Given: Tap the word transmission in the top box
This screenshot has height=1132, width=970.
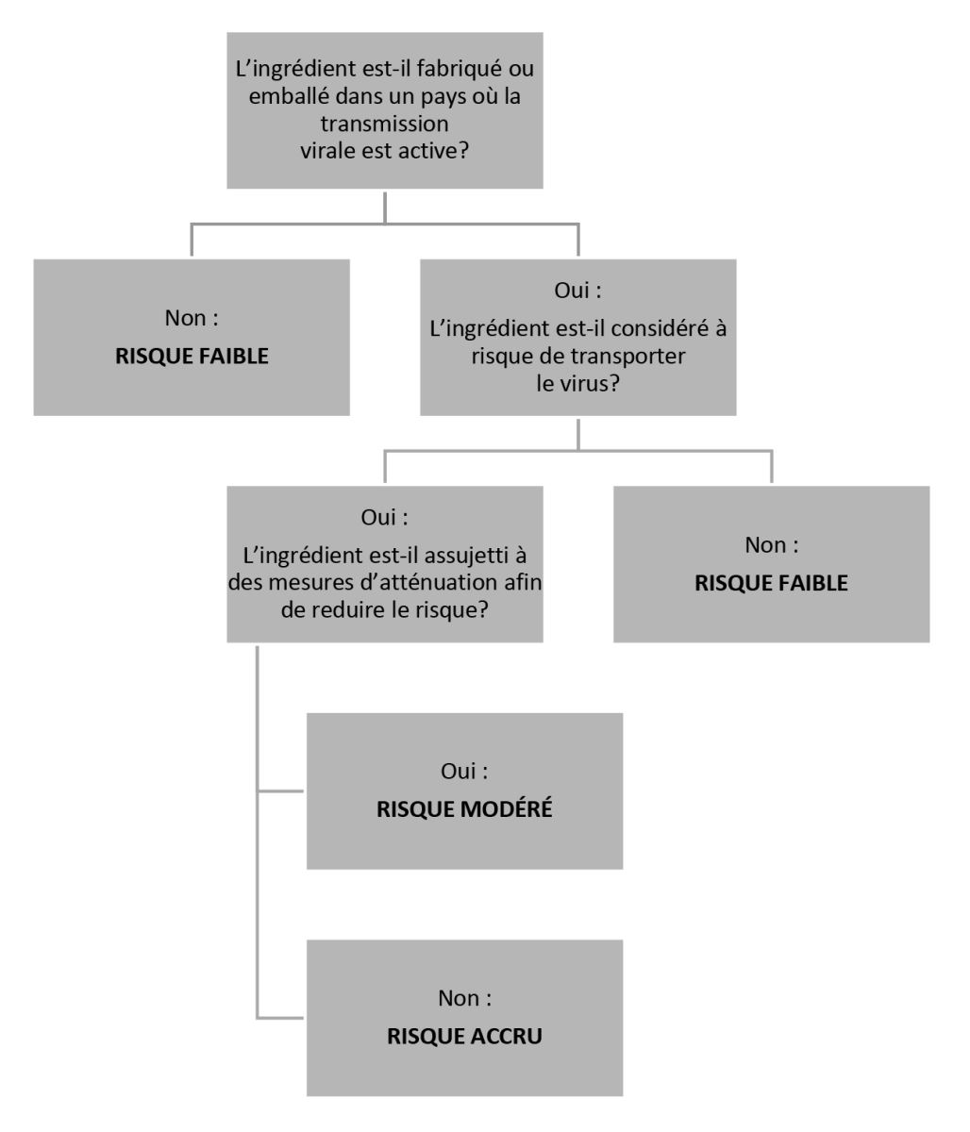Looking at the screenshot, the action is pyautogui.click(x=384, y=124).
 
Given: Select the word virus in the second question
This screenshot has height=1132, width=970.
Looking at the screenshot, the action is pyautogui.click(x=590, y=384).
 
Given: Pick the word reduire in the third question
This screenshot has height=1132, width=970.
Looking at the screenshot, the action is pyautogui.click(x=356, y=610).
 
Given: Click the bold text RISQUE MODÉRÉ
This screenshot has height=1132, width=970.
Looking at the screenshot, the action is pyautogui.click(x=464, y=809).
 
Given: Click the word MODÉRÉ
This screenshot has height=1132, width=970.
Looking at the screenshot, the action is pyautogui.click(x=508, y=809).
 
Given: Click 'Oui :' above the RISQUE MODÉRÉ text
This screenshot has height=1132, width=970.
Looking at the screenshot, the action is pyautogui.click(x=464, y=772).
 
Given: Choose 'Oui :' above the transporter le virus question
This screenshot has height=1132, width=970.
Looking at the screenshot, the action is pyautogui.click(x=577, y=291).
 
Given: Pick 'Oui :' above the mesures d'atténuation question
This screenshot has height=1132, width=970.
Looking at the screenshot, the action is pyautogui.click(x=384, y=518).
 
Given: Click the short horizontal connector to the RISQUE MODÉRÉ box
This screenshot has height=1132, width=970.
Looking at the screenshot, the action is pyautogui.click(x=280, y=791).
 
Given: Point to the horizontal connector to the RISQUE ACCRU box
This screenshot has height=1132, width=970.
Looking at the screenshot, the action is pyautogui.click(x=280, y=1018).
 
